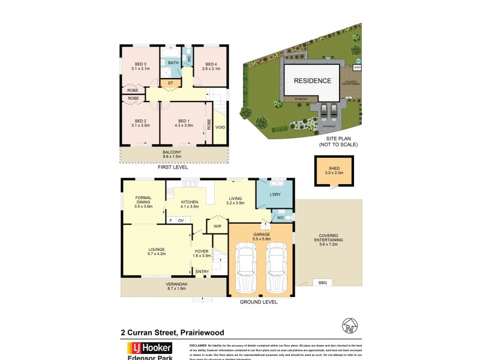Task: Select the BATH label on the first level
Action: pyautogui.click(x=173, y=63)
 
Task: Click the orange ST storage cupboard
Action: pyautogui.click(x=170, y=83)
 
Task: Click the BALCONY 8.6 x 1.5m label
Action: pyautogui.click(x=173, y=154)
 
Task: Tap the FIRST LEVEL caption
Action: pyautogui.click(x=173, y=168)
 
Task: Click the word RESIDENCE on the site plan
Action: pyautogui.click(x=312, y=80)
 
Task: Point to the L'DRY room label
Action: pyautogui.click(x=275, y=195)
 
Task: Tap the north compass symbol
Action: pyautogui.click(x=349, y=328)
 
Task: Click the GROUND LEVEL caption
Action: pyautogui.click(x=259, y=302)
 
